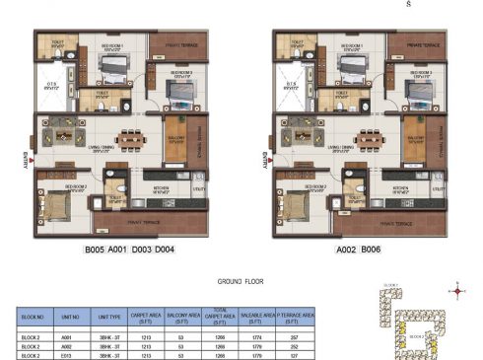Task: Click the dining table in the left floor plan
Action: point(130,139)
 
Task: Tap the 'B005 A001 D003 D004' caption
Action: point(130,251)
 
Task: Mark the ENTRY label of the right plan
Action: point(264,158)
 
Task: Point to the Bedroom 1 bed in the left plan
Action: point(112,69)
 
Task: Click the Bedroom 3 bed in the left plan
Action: point(179,92)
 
